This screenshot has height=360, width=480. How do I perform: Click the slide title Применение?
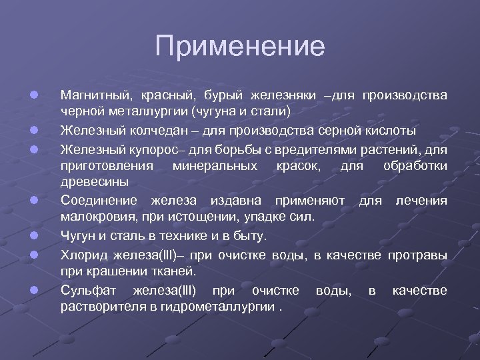pyautogui.click(x=240, y=47)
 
